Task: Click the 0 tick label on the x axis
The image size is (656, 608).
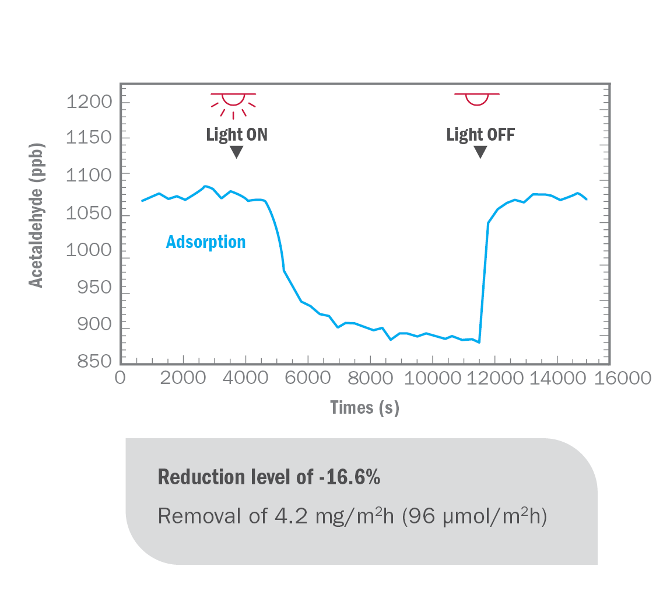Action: tap(120, 379)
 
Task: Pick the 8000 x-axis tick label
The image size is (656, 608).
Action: tap(370, 379)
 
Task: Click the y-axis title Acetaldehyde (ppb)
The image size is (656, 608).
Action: tap(36, 214)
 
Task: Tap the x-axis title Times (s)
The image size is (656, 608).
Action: tap(364, 407)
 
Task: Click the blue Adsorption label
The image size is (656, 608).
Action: tap(206, 242)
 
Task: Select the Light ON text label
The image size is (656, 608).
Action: tap(237, 135)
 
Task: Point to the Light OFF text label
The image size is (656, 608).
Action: tap(480, 135)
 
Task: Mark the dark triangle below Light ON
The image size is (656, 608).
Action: tap(236, 152)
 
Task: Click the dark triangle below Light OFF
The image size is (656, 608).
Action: tap(480, 152)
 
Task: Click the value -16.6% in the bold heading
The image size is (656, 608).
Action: tap(349, 477)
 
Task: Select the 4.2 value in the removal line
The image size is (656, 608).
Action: tap(287, 516)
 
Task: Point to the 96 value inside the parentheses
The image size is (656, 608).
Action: tap(417, 516)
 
